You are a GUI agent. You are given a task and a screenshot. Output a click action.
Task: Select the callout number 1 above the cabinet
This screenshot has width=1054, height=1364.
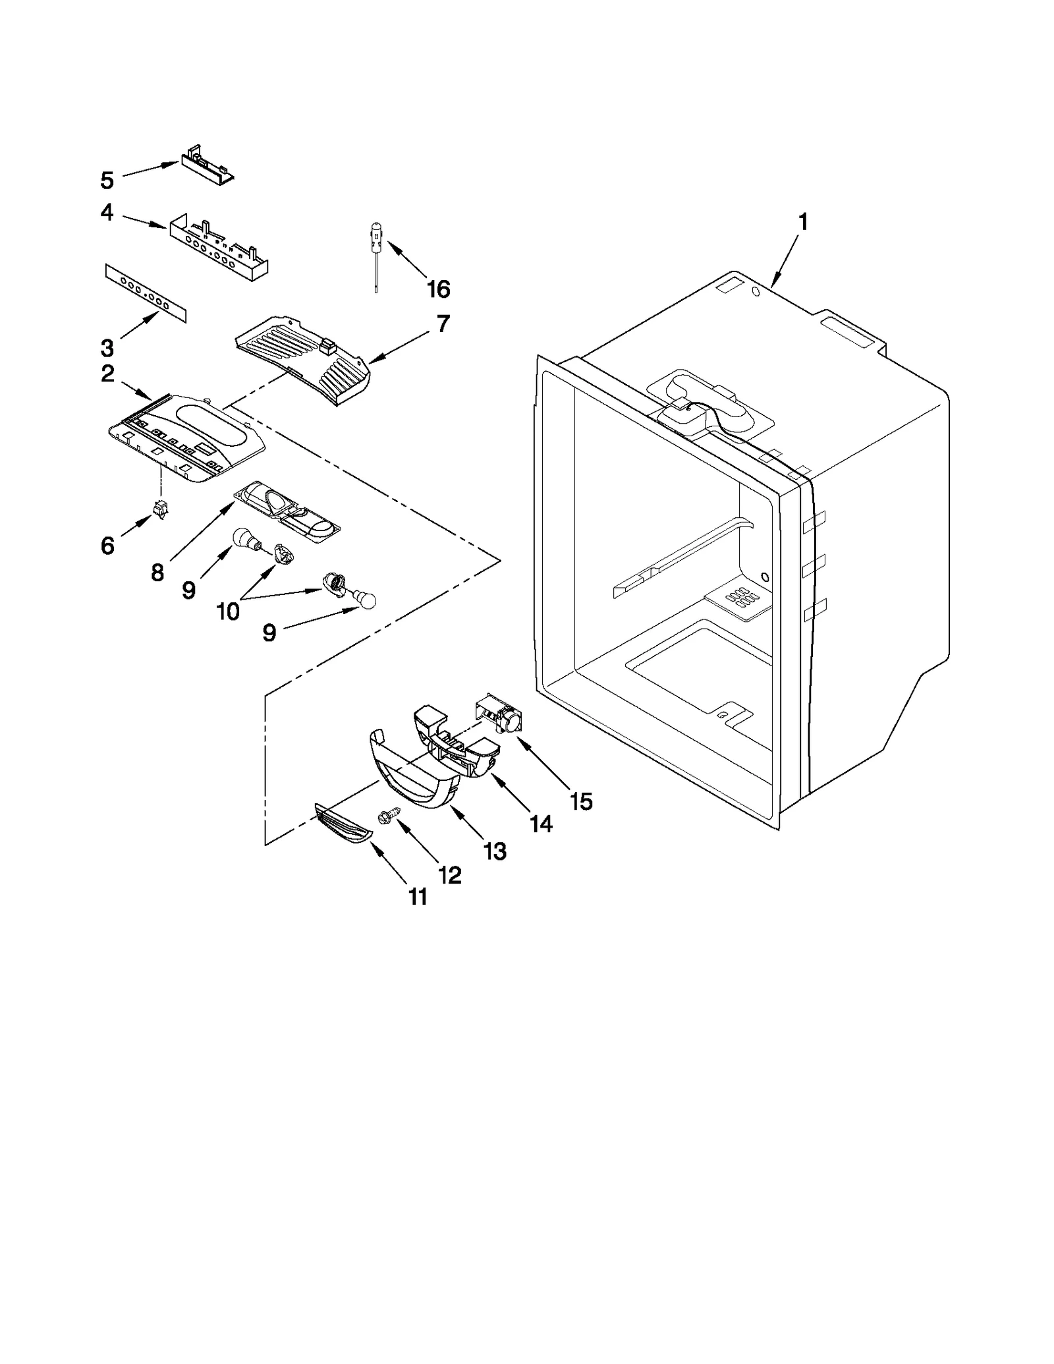[802, 223]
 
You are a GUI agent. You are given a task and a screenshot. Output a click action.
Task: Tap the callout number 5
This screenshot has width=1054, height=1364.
[107, 180]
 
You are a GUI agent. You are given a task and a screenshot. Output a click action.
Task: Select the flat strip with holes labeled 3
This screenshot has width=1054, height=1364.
[146, 294]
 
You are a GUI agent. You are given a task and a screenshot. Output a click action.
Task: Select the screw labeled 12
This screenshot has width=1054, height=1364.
[385, 817]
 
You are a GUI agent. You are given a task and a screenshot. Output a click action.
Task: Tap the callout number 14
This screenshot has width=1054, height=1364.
[541, 824]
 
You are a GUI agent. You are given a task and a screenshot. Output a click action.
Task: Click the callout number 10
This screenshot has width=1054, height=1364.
[228, 611]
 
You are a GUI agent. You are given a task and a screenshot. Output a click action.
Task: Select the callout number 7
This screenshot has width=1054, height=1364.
[443, 324]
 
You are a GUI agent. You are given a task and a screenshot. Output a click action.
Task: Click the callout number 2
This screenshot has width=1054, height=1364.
[107, 374]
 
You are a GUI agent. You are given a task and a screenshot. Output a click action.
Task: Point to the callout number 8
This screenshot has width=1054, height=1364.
[157, 573]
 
